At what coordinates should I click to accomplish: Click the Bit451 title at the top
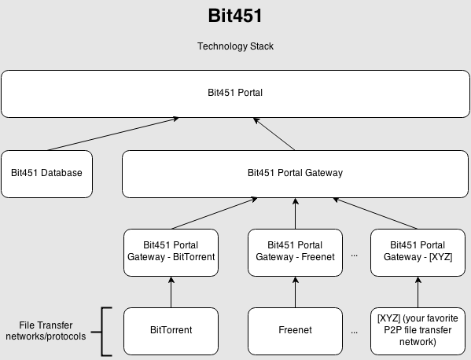click(x=235, y=16)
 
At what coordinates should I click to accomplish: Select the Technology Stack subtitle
click(x=235, y=46)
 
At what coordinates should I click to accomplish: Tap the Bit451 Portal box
click(x=235, y=94)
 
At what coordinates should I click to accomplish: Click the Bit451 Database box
click(x=46, y=174)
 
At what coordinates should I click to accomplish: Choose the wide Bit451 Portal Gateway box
click(x=295, y=174)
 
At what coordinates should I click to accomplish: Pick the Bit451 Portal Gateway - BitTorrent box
click(x=171, y=252)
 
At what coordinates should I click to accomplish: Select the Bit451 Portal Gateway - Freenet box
click(x=295, y=252)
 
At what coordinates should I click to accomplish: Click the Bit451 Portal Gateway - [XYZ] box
click(x=418, y=252)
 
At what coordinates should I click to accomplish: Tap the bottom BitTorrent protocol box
click(x=171, y=331)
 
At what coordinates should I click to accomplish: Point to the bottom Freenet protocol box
click(x=295, y=331)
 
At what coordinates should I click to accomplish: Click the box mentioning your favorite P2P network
click(x=418, y=331)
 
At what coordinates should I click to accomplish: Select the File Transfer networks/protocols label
click(x=46, y=331)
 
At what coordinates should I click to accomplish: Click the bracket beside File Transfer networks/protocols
click(x=102, y=332)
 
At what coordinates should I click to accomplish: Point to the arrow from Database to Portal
click(x=112, y=134)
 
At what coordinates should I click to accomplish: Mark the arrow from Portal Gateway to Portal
click(x=274, y=134)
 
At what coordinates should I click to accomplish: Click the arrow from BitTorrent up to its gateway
click(x=171, y=292)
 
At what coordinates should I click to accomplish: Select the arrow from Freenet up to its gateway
click(x=296, y=292)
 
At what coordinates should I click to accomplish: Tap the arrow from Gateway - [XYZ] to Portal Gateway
click(x=375, y=214)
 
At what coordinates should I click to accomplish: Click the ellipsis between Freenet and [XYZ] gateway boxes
click(x=354, y=255)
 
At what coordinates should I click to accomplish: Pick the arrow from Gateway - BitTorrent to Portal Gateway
click(x=215, y=213)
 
